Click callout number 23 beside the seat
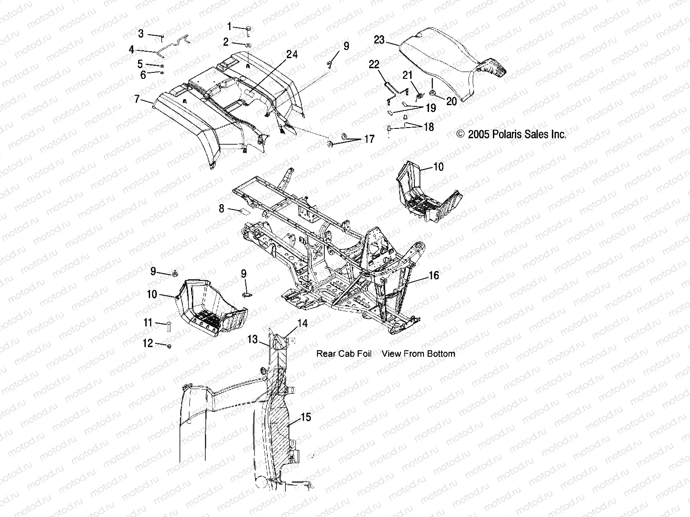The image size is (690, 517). click(379, 40)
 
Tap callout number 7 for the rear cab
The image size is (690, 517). click(137, 100)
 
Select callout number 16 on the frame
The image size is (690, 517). click(433, 275)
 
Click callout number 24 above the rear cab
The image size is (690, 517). click(292, 55)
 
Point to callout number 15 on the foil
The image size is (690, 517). click(306, 417)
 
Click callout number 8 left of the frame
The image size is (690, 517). click(222, 209)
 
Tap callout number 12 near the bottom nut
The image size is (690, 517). click(148, 343)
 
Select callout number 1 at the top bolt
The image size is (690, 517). click(229, 27)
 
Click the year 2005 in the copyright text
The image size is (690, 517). click(479, 134)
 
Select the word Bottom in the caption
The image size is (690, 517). click(440, 354)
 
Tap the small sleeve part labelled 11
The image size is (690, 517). click(169, 327)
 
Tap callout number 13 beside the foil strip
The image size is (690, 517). click(252, 339)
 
